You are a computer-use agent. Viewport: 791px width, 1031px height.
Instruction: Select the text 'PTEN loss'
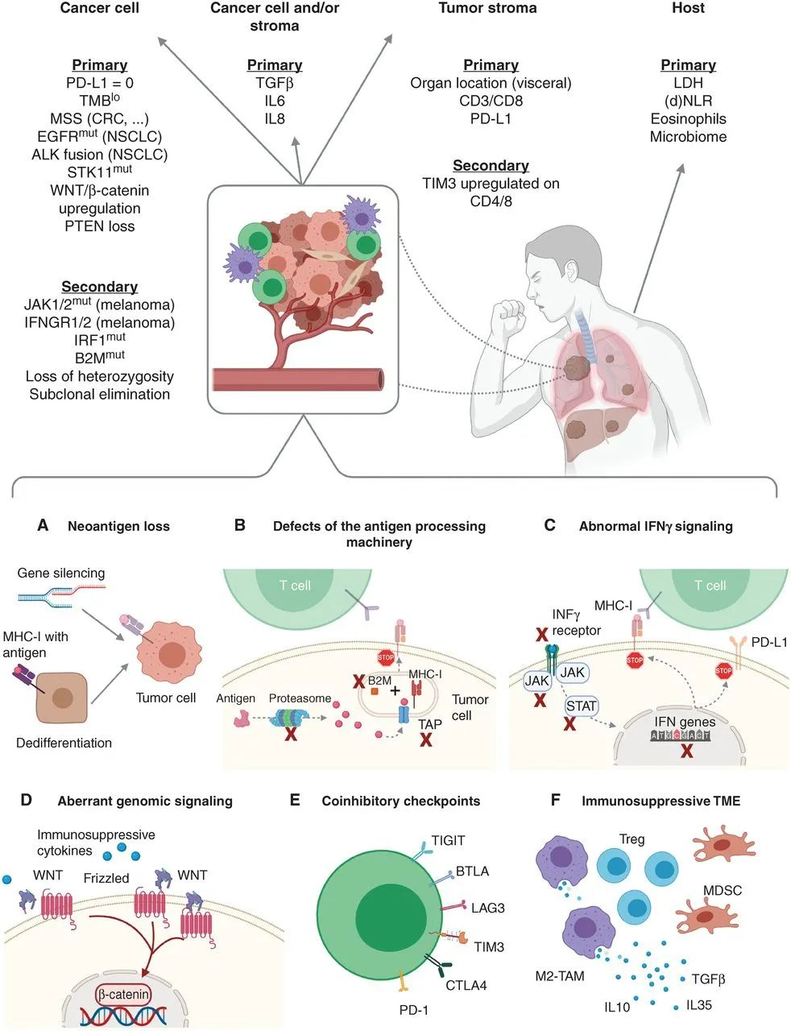click(x=99, y=226)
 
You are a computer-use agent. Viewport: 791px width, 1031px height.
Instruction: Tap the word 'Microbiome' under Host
click(x=688, y=136)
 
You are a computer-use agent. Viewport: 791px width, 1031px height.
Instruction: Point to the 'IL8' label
click(x=275, y=118)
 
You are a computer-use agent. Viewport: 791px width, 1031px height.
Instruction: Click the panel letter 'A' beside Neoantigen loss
click(x=43, y=526)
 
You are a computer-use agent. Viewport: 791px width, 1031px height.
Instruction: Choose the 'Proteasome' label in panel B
click(x=300, y=698)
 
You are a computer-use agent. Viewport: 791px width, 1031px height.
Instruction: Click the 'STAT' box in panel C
click(x=581, y=706)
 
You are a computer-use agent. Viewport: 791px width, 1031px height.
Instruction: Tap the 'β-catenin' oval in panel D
click(x=123, y=995)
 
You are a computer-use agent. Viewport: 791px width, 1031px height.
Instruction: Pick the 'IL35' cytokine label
click(x=699, y=1005)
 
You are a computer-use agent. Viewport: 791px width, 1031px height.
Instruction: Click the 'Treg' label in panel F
click(x=632, y=839)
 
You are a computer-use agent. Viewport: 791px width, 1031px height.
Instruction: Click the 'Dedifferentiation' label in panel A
click(x=64, y=742)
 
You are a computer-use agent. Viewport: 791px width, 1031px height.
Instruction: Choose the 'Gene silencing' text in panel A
click(x=61, y=573)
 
